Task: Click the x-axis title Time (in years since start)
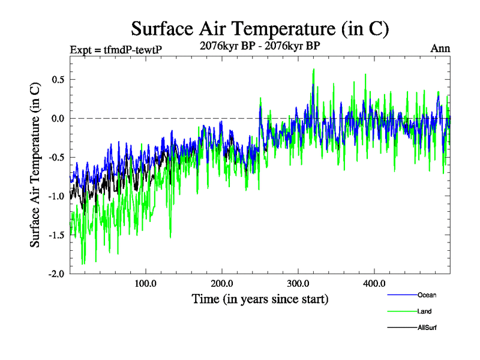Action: point(260,298)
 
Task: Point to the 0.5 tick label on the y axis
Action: point(57,80)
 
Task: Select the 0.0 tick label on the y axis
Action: point(57,118)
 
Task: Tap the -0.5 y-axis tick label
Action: point(56,157)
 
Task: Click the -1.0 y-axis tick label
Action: point(56,196)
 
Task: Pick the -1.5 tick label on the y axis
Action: point(56,235)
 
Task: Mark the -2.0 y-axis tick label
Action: point(56,274)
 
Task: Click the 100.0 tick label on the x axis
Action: point(146,283)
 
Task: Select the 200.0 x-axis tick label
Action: point(222,283)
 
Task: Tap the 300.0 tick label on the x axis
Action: point(298,283)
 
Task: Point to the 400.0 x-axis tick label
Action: point(374,283)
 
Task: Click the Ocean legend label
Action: point(427,295)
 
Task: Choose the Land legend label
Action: point(424,311)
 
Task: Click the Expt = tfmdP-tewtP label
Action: point(113,50)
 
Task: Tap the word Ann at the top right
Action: point(440,49)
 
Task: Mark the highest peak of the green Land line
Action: point(313,69)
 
